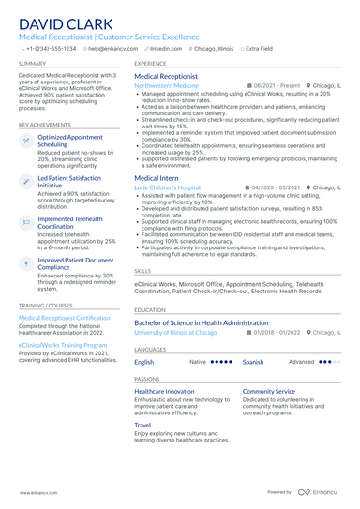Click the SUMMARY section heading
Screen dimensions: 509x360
pos(31,63)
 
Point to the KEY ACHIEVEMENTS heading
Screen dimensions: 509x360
pos(43,124)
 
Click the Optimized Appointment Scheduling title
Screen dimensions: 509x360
pos(65,141)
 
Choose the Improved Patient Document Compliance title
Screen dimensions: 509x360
pos(74,263)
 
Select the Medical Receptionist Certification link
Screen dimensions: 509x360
pos(64,318)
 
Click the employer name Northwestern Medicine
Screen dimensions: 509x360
pos(166,84)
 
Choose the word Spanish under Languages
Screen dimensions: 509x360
pos(253,361)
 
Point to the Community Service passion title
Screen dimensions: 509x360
pos(268,391)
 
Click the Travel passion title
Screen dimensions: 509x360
pos(143,425)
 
